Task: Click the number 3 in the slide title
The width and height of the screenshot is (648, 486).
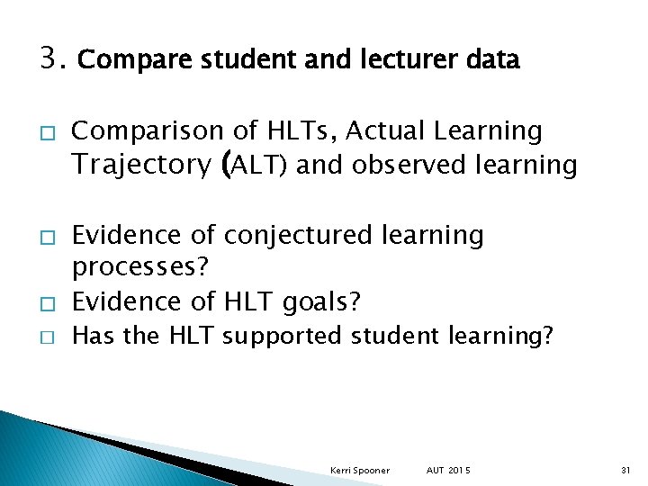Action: pyautogui.click(x=49, y=59)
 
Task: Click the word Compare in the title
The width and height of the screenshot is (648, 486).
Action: pyautogui.click(x=117, y=60)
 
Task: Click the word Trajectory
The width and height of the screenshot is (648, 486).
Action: pyautogui.click(x=140, y=165)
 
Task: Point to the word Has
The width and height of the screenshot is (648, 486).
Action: pyautogui.click(x=90, y=337)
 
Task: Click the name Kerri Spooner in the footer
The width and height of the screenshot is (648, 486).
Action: pyautogui.click(x=360, y=470)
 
